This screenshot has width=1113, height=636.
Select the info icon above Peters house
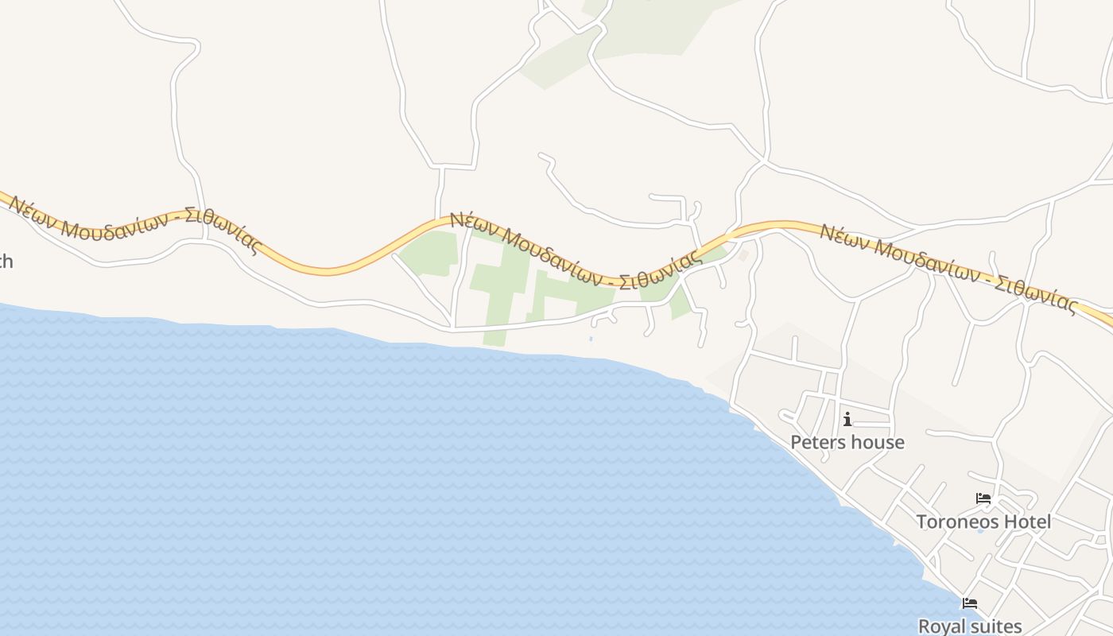(x=847, y=419)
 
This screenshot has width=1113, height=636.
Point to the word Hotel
(x=1026, y=522)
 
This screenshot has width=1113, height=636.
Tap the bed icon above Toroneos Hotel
(x=983, y=499)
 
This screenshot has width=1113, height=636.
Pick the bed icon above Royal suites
(x=969, y=603)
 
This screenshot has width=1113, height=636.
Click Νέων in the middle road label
(x=472, y=223)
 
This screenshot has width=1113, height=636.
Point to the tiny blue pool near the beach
(x=591, y=339)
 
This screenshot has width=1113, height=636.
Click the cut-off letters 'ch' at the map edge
(x=6, y=262)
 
